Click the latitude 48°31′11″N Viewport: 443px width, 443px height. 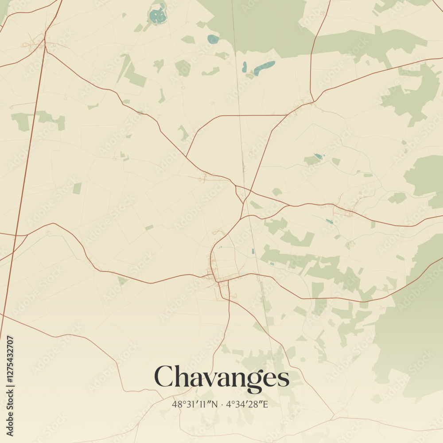(195, 404)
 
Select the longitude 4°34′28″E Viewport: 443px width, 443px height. (248, 404)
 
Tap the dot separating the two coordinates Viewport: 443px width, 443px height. (221, 404)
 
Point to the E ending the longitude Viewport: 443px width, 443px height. (266, 404)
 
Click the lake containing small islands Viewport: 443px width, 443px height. (157, 16)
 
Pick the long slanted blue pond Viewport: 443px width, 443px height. (264, 68)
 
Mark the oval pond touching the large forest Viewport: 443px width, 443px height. (213, 39)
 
